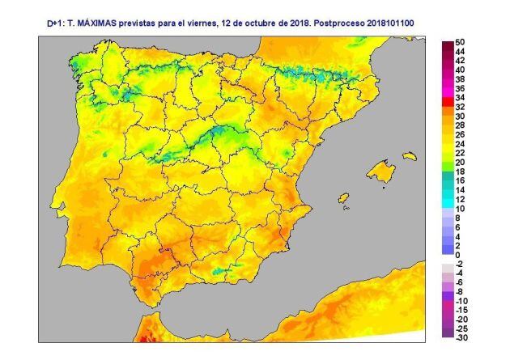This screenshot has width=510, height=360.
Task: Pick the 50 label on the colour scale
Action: (x=460, y=42)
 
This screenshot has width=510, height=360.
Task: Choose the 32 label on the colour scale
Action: (x=460, y=107)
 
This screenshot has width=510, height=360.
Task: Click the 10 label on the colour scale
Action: (x=460, y=209)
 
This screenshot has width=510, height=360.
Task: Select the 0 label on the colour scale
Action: (x=457, y=255)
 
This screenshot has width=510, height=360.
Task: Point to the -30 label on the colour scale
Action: (x=460, y=337)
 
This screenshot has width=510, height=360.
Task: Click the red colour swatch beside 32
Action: (x=447, y=107)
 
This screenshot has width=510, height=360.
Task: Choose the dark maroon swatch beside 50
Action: (x=447, y=42)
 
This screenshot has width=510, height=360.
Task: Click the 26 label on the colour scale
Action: (x=460, y=135)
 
